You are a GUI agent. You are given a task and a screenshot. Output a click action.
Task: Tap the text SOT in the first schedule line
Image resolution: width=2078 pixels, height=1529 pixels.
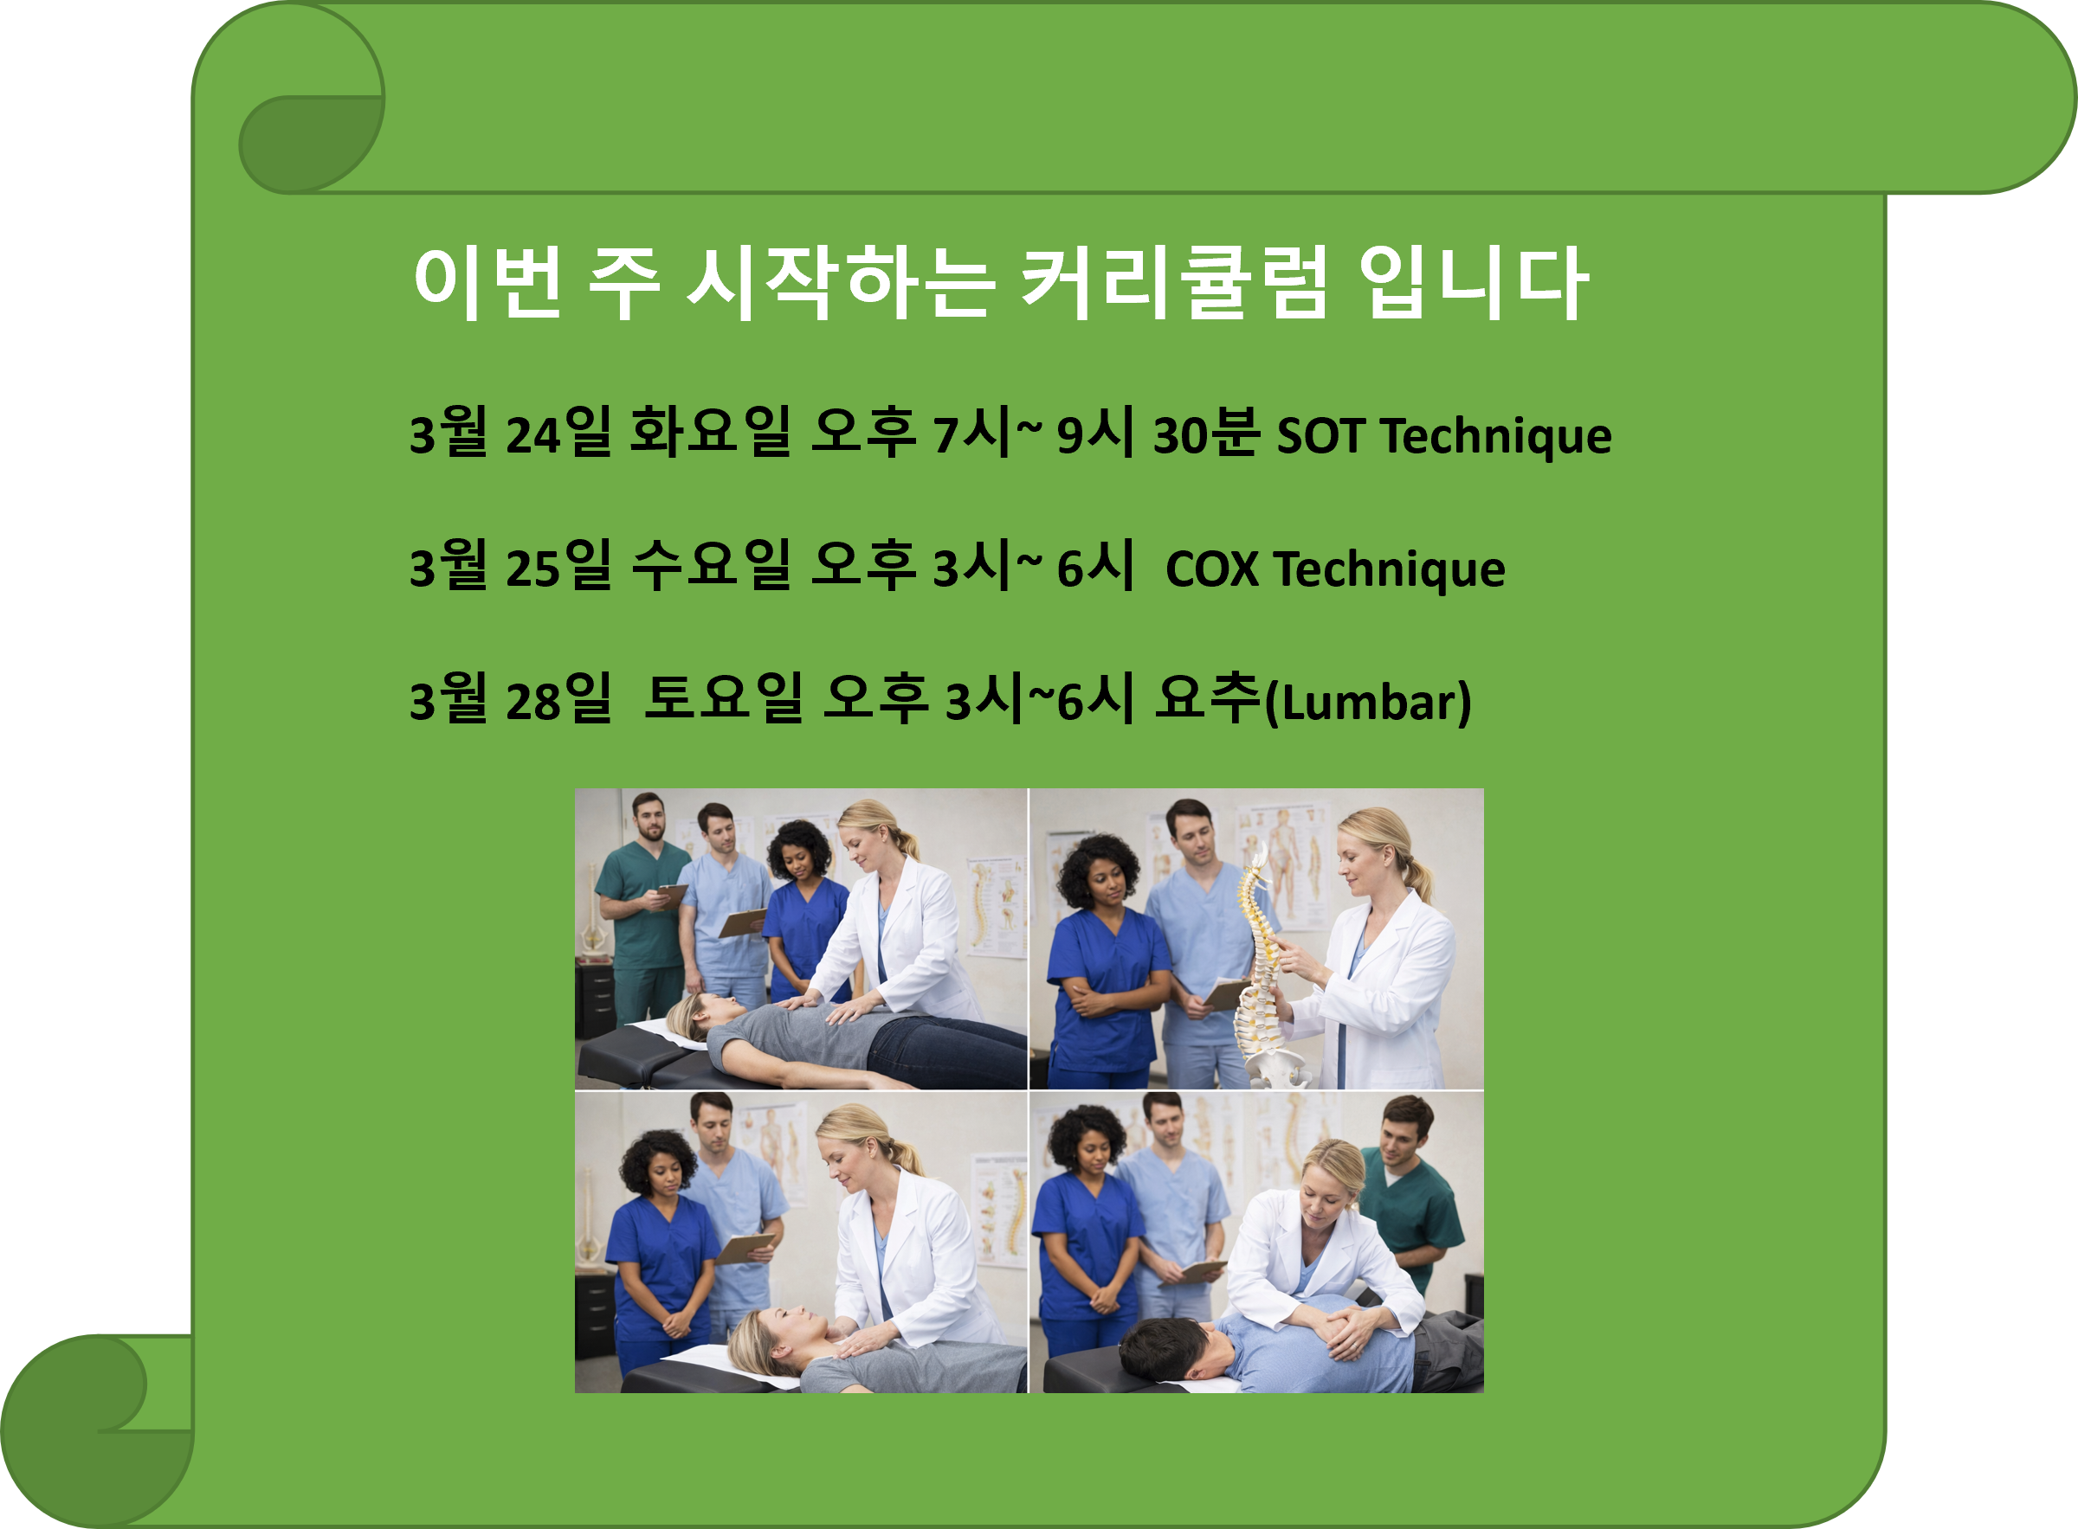1320,435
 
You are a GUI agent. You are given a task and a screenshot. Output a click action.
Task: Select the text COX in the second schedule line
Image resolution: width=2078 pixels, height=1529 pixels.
1211,569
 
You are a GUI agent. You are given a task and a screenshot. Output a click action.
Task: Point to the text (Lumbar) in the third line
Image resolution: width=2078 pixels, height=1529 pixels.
1368,703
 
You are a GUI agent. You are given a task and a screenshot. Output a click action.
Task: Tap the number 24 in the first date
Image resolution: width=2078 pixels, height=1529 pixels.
533,435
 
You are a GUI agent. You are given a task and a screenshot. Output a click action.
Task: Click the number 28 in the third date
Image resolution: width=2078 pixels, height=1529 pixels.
533,702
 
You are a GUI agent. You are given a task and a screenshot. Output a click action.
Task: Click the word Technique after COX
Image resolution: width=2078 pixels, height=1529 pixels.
1389,569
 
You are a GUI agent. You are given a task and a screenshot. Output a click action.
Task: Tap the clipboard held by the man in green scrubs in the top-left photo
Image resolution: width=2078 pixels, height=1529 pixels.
669,896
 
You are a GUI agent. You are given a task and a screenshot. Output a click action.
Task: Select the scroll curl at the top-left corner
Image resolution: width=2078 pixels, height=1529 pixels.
310,138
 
